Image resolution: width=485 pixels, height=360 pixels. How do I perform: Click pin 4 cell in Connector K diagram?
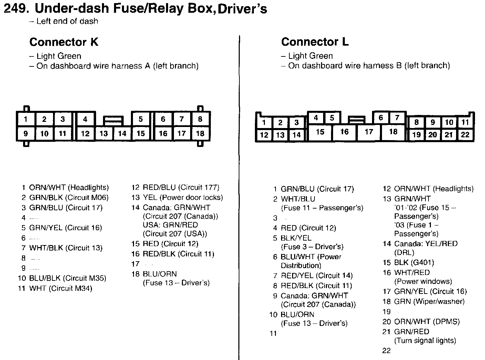click(x=85, y=119)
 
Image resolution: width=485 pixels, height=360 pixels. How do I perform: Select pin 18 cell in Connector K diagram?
click(x=200, y=134)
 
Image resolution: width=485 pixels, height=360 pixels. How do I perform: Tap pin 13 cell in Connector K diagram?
click(x=104, y=134)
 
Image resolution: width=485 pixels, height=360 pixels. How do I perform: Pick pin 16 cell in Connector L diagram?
click(x=344, y=132)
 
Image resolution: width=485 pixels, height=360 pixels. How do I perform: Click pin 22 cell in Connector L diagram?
click(x=465, y=135)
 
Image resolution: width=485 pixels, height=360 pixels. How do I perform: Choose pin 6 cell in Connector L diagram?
click(x=381, y=118)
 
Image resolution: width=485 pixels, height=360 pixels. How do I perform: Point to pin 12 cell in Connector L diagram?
click(x=264, y=135)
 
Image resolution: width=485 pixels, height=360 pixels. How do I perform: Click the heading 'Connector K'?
click(x=64, y=42)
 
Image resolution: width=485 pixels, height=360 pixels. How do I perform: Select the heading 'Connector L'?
click(x=315, y=42)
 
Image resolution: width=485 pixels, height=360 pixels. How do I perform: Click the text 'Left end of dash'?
click(x=67, y=21)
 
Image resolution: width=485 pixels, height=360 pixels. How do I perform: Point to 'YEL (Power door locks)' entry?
click(x=183, y=198)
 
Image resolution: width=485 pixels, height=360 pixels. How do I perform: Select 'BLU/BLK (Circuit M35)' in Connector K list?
click(x=68, y=278)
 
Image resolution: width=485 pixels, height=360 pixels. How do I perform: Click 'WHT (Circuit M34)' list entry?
click(x=61, y=288)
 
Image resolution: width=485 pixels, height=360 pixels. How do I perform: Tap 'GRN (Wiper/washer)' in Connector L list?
click(x=429, y=301)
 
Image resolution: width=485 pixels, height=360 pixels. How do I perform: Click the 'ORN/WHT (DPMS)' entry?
click(x=427, y=322)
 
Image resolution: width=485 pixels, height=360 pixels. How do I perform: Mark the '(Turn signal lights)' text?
click(x=425, y=341)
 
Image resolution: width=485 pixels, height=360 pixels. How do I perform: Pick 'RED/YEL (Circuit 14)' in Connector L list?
click(x=317, y=275)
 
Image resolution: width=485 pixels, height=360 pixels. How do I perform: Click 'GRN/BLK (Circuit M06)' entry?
click(x=69, y=198)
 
